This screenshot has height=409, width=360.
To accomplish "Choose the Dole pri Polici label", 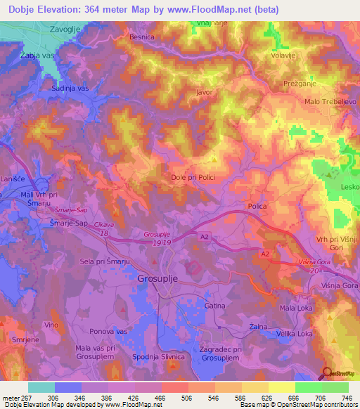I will pos(193,178).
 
